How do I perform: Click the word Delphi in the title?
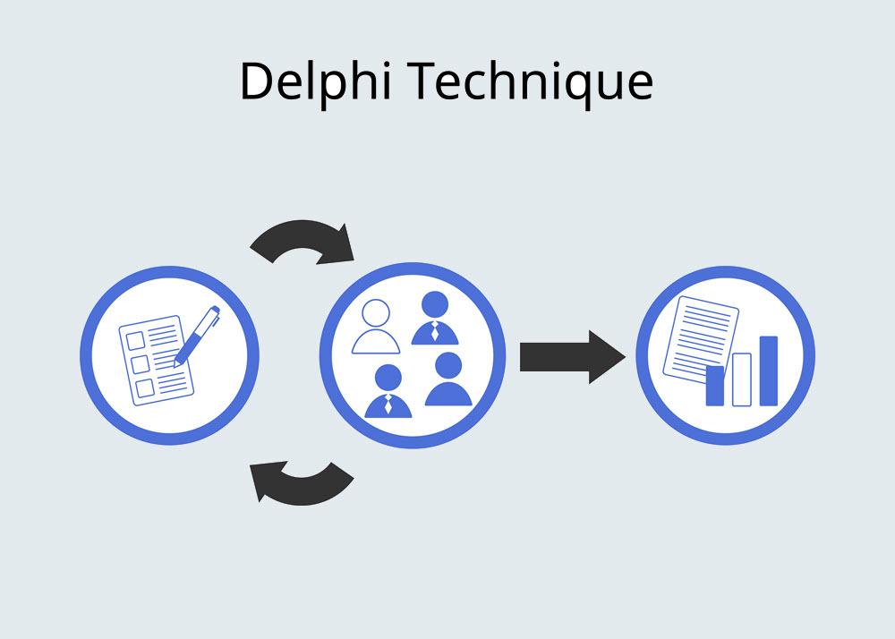click(316, 81)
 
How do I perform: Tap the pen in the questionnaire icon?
click(197, 336)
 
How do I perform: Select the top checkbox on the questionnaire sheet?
click(135, 341)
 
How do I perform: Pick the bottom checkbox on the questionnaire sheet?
click(145, 388)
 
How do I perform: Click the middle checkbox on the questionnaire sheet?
click(141, 364)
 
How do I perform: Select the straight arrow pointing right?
click(573, 357)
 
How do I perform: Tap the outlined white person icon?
click(376, 327)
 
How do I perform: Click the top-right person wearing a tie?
click(435, 319)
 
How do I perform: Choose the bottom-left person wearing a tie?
click(388, 391)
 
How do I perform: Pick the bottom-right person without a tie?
click(448, 379)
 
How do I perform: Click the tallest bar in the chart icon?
click(768, 371)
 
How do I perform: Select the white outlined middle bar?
click(741, 379)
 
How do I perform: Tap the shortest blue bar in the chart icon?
click(714, 386)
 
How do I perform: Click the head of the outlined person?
click(376, 312)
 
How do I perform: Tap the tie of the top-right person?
click(435, 331)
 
